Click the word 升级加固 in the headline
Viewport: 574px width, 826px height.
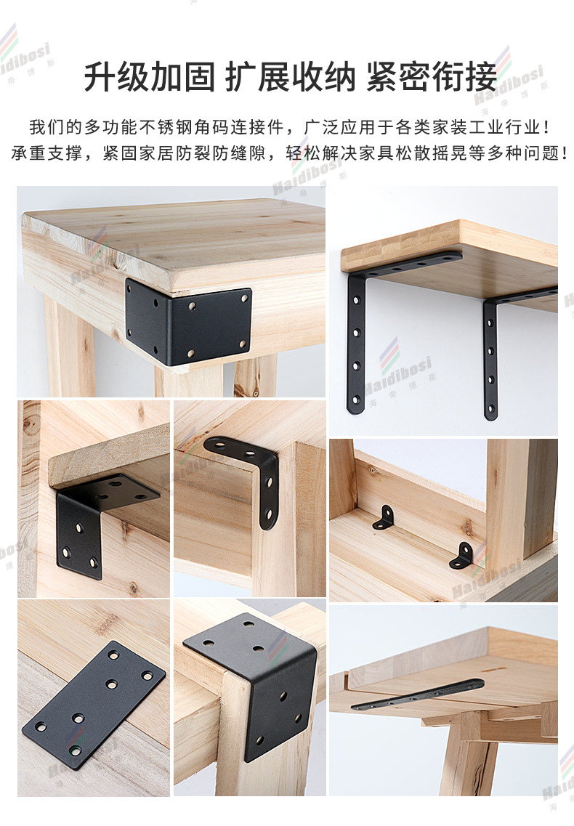[149, 76]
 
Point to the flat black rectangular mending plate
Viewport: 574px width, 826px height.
[93, 697]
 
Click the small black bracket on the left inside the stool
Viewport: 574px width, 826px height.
[384, 518]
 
